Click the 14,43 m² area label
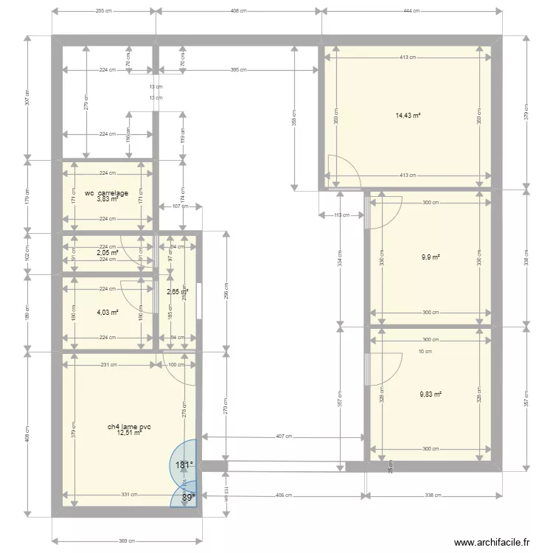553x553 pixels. click(408, 115)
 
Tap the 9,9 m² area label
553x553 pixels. click(431, 257)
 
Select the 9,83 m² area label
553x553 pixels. click(431, 394)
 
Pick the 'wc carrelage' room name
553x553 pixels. click(107, 193)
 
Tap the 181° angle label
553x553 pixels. click(183, 465)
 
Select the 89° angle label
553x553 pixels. click(188, 498)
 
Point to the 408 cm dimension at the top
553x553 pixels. click(239, 11)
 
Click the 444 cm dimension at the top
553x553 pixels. click(411, 11)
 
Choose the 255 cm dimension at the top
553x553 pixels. click(104, 11)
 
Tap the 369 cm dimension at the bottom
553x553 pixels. click(126, 540)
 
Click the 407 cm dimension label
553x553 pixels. click(284, 436)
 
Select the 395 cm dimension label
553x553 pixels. click(239, 70)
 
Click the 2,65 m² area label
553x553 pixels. click(177, 292)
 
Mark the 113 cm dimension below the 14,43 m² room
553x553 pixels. click(341, 215)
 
